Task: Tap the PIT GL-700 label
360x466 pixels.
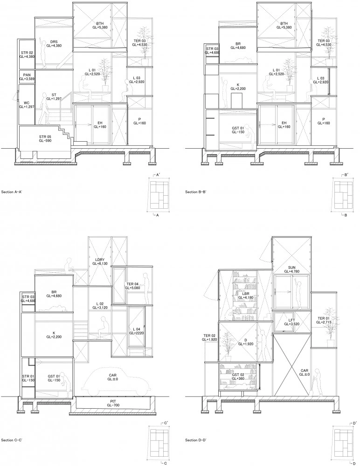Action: point(112,403)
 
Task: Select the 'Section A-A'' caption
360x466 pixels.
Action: point(12,192)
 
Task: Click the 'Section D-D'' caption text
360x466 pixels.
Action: point(196,440)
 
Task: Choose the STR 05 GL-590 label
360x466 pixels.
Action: point(45,138)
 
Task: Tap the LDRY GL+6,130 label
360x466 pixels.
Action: point(100,261)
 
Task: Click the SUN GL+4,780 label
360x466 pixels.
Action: point(291,269)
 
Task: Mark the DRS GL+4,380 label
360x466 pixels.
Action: point(54,44)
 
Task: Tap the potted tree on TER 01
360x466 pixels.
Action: point(330,328)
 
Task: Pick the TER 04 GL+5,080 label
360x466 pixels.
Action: point(132,286)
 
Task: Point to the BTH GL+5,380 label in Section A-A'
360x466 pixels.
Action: point(100,25)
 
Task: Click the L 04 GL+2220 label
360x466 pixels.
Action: point(136,331)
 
